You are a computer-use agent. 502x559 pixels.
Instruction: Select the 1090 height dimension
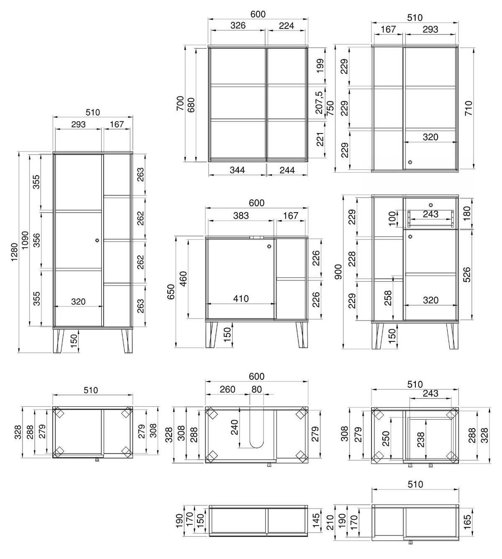(26, 240)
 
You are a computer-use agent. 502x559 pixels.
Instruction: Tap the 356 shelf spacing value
(37, 240)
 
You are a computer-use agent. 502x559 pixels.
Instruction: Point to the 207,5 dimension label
(319, 103)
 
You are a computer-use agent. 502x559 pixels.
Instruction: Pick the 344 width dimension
(237, 170)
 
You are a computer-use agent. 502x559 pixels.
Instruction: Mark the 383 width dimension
(241, 215)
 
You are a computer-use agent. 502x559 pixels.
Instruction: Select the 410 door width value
(241, 299)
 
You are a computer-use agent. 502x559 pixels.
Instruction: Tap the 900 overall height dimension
(338, 272)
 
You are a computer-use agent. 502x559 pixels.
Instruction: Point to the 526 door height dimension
(467, 274)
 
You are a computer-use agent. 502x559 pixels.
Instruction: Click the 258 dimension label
(389, 298)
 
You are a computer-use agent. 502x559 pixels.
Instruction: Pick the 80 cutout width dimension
(256, 390)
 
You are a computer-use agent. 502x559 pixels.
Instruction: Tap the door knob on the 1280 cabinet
(97, 240)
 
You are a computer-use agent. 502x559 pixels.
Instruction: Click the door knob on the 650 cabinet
(269, 246)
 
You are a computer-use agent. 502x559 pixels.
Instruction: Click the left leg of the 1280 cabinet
(58, 341)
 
